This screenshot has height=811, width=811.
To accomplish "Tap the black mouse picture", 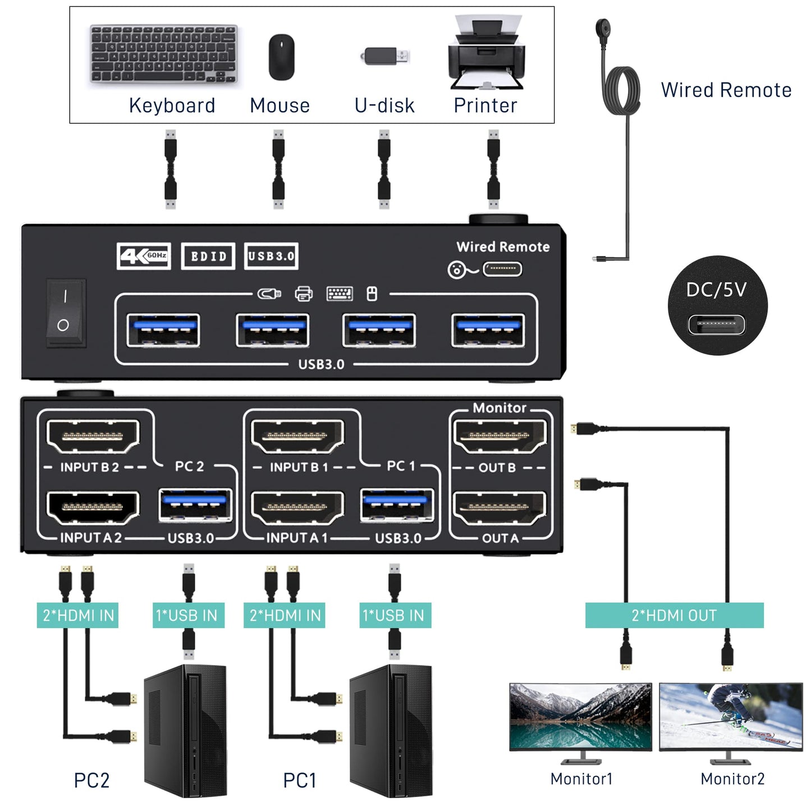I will (281, 57).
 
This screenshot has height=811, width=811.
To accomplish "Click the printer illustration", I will (486, 54).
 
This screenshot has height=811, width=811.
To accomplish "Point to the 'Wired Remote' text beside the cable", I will (726, 90).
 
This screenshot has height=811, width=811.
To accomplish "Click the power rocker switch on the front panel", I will (65, 311).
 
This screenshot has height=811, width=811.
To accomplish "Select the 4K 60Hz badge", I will (144, 256).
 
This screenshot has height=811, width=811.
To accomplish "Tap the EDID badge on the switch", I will (208, 256).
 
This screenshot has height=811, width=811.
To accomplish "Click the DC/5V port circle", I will (717, 305).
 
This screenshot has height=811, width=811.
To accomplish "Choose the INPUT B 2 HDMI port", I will (93, 436).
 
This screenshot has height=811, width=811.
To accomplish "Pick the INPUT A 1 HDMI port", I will (297, 507).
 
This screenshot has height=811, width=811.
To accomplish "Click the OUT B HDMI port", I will (498, 436).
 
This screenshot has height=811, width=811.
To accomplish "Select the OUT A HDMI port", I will (498, 507).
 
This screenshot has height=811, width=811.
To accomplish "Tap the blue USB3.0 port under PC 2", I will (195, 504).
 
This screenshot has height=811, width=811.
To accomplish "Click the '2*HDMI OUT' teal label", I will (674, 615).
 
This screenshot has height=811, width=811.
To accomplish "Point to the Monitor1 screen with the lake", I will (580, 716).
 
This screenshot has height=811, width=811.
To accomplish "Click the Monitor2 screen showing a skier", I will (730, 716).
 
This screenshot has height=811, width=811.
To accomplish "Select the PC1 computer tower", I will (391, 730).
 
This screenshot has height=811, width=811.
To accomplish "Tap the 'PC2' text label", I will (91, 780).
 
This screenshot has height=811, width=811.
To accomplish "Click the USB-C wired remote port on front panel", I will (502, 269).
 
